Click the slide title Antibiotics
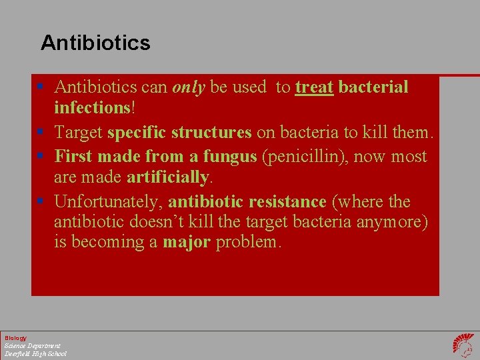(95, 43)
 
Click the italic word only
(188, 87)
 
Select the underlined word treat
(314, 87)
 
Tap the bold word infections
(92, 108)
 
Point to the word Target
(78, 133)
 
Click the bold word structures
(211, 133)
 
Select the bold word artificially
(168, 177)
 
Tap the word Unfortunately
(109, 202)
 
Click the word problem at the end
(249, 242)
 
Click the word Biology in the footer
(15, 338)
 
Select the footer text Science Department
(32, 346)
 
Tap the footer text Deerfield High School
(35, 353)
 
